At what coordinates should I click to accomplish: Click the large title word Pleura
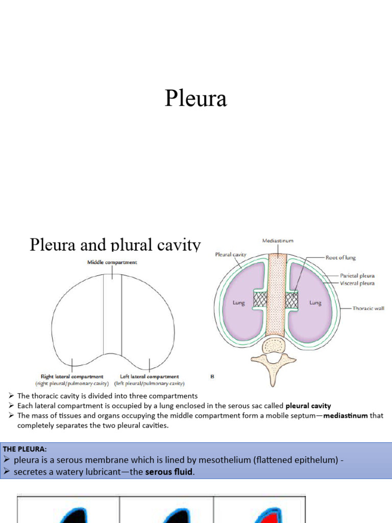(195, 99)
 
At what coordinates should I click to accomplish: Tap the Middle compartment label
(112, 263)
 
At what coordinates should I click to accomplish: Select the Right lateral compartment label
(72, 376)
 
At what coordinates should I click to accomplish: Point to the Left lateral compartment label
(150, 376)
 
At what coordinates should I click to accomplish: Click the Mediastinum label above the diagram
(278, 240)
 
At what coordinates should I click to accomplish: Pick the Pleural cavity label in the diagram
(231, 254)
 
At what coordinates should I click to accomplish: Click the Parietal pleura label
(357, 276)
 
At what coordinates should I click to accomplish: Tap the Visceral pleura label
(357, 283)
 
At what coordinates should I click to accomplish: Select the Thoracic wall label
(368, 308)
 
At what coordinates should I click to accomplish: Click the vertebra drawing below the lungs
(275, 358)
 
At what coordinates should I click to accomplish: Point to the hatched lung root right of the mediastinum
(292, 300)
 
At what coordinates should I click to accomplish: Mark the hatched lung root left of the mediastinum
(260, 300)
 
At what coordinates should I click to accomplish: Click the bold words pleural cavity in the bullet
(308, 406)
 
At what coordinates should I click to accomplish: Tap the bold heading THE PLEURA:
(25, 449)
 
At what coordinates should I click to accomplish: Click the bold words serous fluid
(169, 472)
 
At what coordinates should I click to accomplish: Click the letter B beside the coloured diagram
(212, 377)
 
